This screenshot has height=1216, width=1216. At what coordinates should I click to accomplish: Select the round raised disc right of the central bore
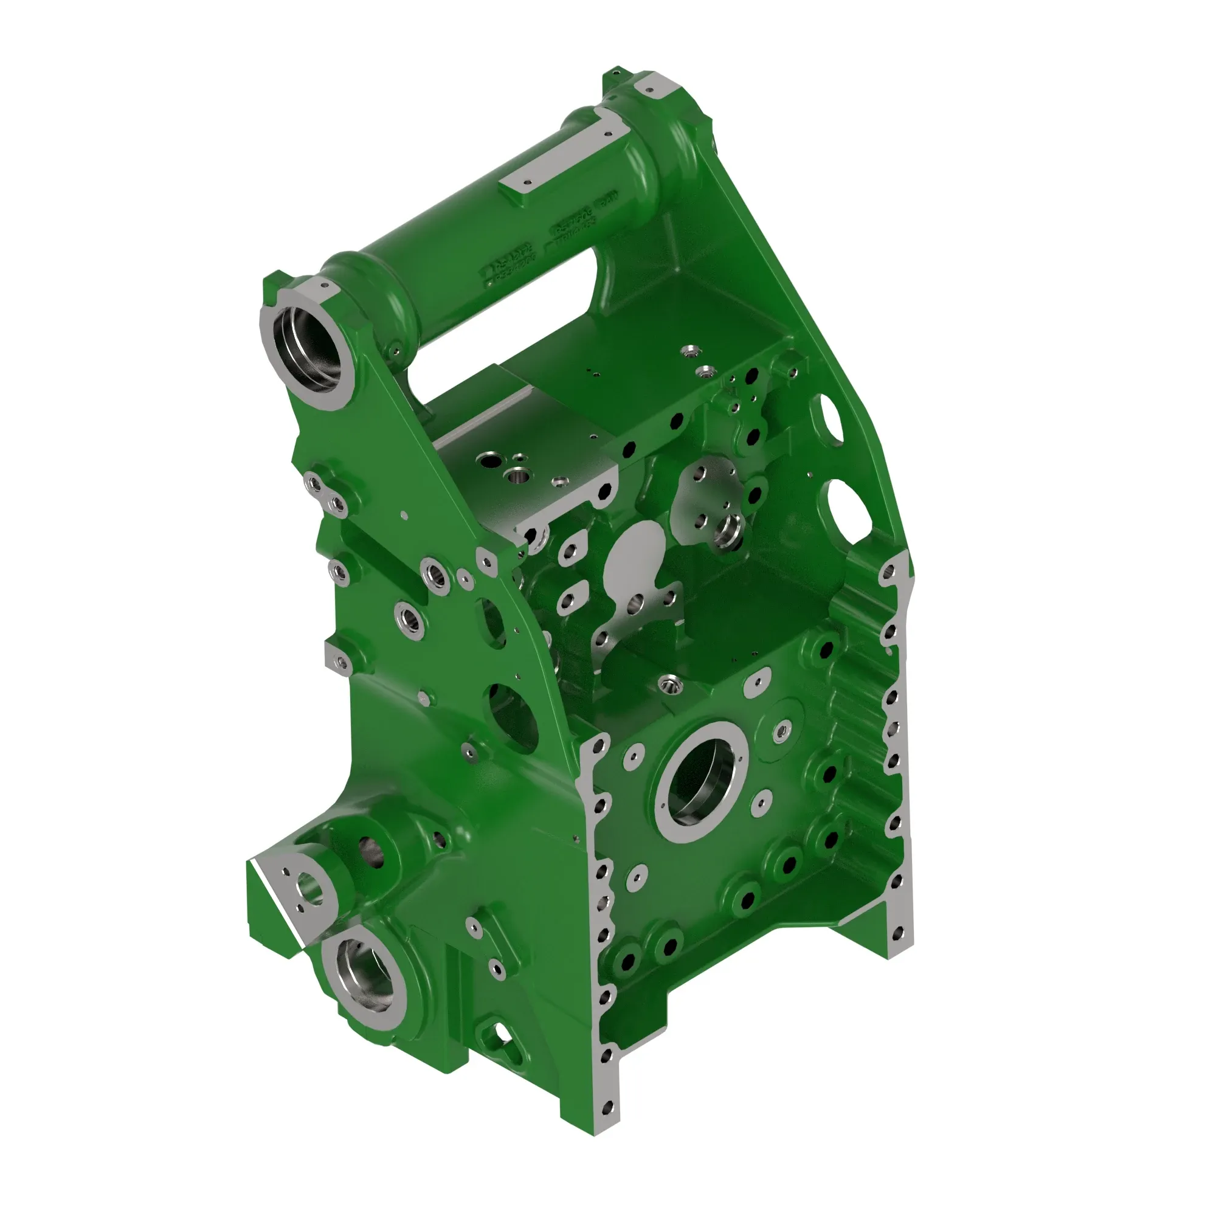click(x=781, y=731)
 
